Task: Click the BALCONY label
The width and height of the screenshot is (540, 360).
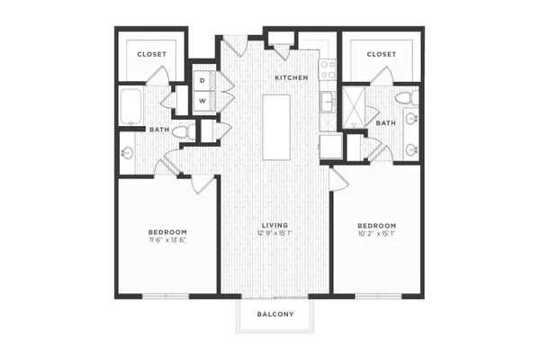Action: pos(275,314)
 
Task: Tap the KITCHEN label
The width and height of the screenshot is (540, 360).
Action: pos(292,78)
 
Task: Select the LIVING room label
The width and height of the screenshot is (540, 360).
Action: pos(274,225)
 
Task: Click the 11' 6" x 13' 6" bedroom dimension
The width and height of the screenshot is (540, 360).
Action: pos(167,240)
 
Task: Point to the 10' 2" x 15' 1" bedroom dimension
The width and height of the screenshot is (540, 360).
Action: pos(377,234)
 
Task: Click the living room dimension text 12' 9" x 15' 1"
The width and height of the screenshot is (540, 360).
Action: pos(274,233)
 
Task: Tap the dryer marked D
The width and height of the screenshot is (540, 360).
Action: pos(204,81)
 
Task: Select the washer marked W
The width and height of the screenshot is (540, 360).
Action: pos(204,101)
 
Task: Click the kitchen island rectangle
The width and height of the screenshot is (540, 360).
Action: pos(276,128)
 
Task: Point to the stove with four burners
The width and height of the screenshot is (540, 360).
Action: pos(328,69)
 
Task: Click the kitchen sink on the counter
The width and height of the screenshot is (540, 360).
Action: pos(328,102)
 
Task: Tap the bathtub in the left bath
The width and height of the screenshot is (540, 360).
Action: pos(130,107)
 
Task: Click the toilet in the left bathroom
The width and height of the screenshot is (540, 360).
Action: pos(184,132)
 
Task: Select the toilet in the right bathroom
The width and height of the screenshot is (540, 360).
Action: pos(407,98)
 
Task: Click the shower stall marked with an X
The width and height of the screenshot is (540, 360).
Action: pos(354,107)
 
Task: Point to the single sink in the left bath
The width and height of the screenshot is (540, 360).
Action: pos(127,153)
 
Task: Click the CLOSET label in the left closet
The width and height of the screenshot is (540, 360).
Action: pos(152,54)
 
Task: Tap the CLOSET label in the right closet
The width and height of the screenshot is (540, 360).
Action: pos(382,54)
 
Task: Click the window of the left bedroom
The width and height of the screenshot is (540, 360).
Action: pos(166,296)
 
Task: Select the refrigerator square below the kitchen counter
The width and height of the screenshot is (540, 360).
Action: pos(331,147)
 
